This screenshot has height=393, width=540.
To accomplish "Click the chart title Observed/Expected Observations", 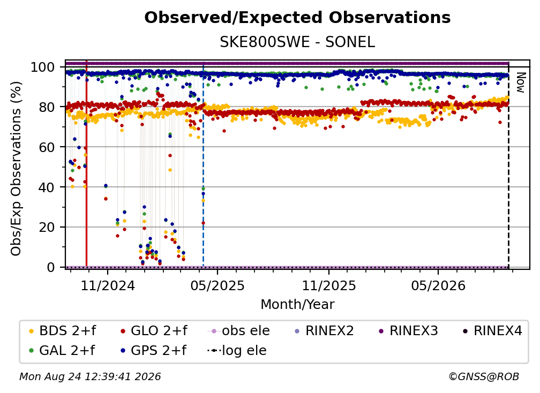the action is [x=297, y=18].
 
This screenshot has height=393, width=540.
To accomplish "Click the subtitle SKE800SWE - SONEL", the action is [x=297, y=42].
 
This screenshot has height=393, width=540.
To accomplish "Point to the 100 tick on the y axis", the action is [x=43, y=67].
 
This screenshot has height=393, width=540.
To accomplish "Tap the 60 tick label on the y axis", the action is [x=47, y=147].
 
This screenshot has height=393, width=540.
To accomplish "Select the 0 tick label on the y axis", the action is [x=51, y=267].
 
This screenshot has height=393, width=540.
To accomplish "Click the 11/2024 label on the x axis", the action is [x=108, y=285].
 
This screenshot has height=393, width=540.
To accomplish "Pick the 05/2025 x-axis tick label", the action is [x=217, y=285].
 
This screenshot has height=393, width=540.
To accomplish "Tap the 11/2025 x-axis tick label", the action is [x=329, y=285].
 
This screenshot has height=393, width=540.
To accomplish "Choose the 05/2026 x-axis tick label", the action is [x=438, y=285].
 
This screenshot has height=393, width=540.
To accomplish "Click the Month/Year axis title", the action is [x=297, y=304].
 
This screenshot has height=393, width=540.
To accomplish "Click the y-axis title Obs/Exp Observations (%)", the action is [x=16, y=169].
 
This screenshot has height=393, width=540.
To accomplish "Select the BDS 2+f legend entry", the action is [x=62, y=331].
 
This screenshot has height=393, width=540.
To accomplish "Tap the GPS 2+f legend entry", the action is [x=154, y=350].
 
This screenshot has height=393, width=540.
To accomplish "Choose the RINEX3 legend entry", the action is [x=408, y=331].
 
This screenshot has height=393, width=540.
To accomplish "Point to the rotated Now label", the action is [x=520, y=82].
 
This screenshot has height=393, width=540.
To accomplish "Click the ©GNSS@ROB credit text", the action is [x=484, y=377].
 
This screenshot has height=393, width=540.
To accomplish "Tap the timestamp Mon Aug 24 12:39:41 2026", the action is [x=90, y=377].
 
